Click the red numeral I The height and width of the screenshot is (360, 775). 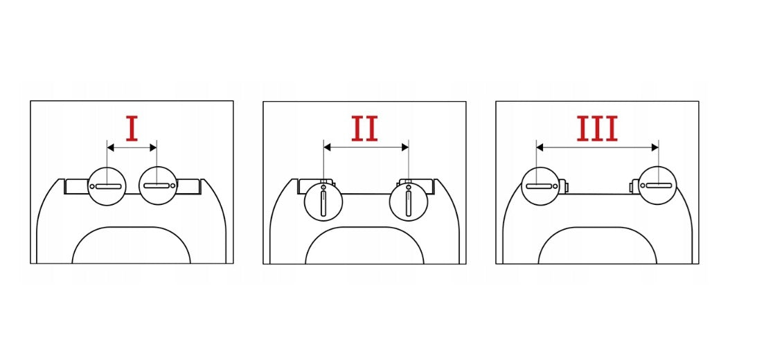[x=132, y=128]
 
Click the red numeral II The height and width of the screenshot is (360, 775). [x=365, y=128]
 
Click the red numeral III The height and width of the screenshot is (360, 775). [x=598, y=129]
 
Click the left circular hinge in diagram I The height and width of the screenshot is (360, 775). [x=107, y=186]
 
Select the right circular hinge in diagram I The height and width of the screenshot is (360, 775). [x=158, y=186]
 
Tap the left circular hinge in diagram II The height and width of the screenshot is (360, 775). [x=323, y=201]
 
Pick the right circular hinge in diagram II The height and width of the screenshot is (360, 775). [x=408, y=201]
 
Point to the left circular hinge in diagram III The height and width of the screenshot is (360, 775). [x=541, y=186]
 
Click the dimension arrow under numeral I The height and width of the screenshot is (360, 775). [x=132, y=147]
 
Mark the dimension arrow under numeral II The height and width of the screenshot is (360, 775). [x=366, y=147]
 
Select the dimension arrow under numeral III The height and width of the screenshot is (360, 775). [x=598, y=147]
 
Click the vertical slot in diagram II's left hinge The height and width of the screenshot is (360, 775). [x=323, y=203]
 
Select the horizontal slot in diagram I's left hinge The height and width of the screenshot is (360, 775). [x=108, y=186]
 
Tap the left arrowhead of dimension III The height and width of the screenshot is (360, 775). [x=540, y=147]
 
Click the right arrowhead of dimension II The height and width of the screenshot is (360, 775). [x=405, y=147]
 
